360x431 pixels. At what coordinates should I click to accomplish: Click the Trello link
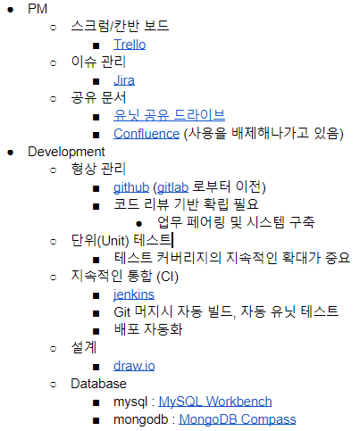(x=130, y=45)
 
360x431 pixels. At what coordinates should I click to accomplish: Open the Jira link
(x=124, y=80)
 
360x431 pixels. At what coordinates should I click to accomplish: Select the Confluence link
(x=147, y=134)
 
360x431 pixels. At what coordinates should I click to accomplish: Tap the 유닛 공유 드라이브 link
(x=169, y=115)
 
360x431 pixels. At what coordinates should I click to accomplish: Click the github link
(x=131, y=187)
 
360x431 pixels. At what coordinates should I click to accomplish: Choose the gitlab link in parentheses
(x=172, y=187)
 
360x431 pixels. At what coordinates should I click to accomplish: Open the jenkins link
(x=133, y=294)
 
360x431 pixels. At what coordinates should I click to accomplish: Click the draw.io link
(x=134, y=366)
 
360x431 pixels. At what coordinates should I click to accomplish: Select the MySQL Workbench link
(x=215, y=402)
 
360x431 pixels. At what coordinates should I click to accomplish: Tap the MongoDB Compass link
(x=238, y=419)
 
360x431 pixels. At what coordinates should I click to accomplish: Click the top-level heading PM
(x=38, y=9)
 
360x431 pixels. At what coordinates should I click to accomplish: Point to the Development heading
(x=66, y=152)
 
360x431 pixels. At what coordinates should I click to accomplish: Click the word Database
(x=98, y=384)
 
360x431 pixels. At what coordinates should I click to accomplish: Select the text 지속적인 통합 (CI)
(x=124, y=277)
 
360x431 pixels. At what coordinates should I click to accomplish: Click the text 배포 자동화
(x=148, y=329)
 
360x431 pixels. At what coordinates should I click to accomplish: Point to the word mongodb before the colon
(x=141, y=419)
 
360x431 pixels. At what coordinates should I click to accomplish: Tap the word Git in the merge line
(x=122, y=312)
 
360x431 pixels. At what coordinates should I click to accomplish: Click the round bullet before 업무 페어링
(x=138, y=223)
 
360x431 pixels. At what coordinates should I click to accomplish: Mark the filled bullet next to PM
(x=11, y=10)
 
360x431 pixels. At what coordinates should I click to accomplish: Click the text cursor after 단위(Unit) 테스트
(x=172, y=240)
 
